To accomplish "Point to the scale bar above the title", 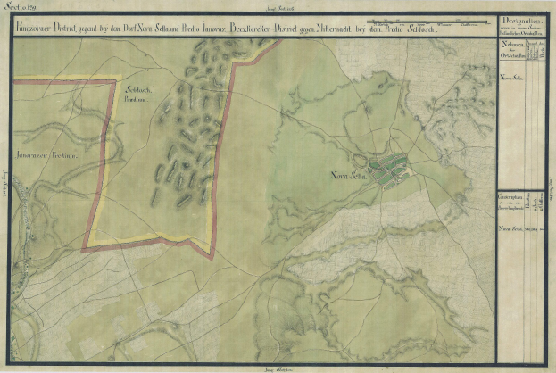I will point(427,18).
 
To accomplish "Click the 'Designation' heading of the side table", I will point(517,21).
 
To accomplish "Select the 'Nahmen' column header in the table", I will point(512,43).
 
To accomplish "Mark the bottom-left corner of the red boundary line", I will point(84,248).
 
